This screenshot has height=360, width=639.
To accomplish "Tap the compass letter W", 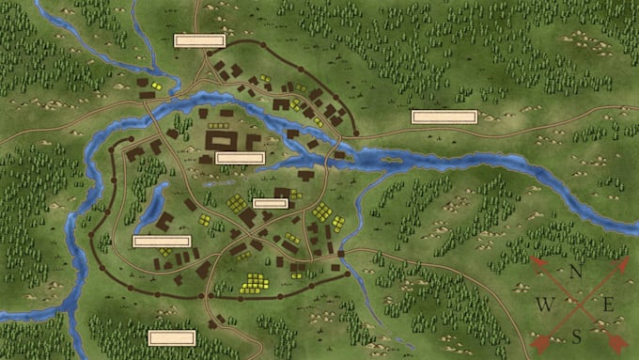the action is point(544,304).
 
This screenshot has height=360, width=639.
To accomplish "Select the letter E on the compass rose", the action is point(607,303).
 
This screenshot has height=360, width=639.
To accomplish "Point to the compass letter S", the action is point(576,336).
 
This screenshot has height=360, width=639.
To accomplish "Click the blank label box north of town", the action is point(199,40).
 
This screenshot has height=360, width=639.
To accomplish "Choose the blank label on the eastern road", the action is point(444,117).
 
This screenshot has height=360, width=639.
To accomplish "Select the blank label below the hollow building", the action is point(240,158).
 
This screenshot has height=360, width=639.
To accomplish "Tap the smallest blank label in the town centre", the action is point(270,202).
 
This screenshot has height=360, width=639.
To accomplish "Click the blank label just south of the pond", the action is point(162,242).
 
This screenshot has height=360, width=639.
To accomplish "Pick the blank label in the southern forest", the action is point(172,337).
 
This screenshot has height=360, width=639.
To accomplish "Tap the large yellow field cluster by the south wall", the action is point(254,282).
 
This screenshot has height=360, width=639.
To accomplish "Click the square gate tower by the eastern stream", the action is point(341,254).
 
